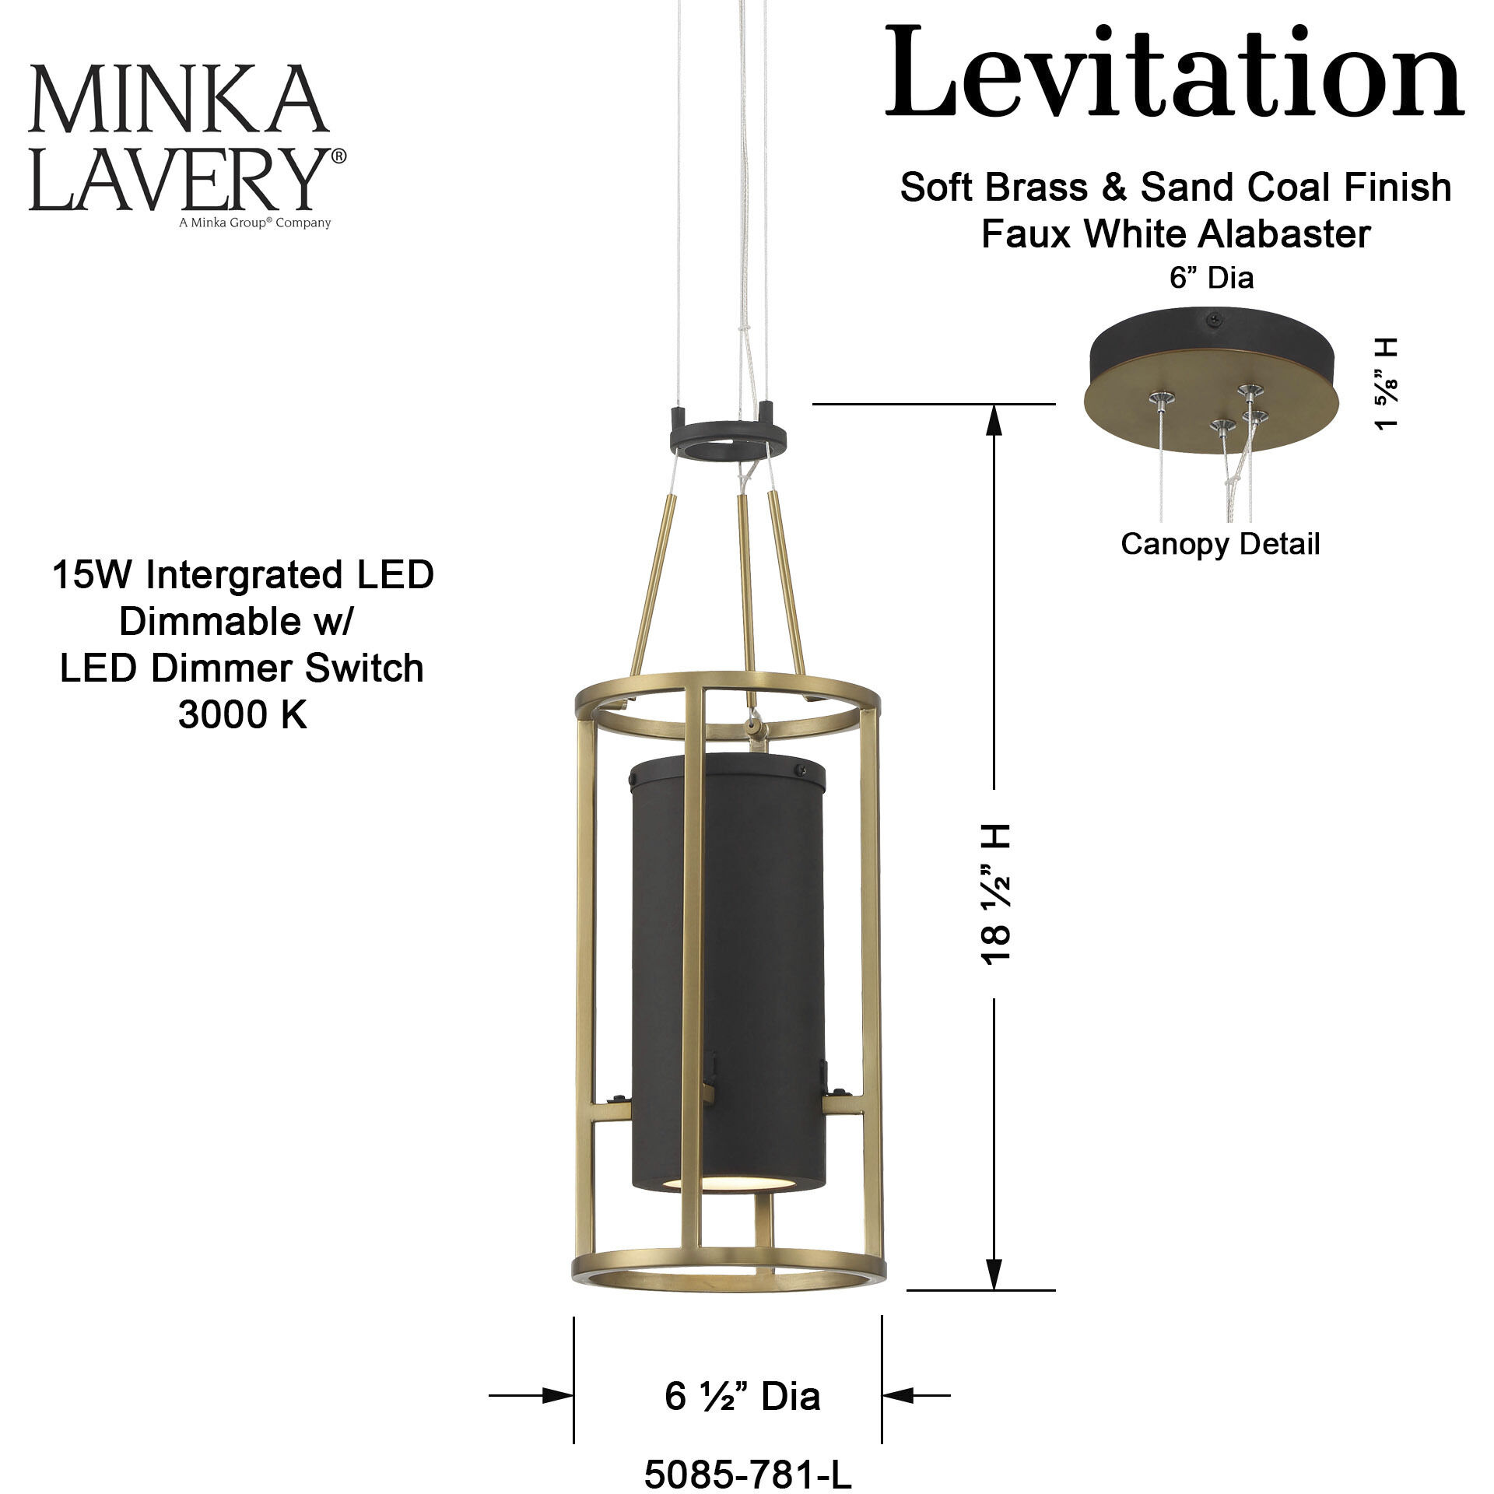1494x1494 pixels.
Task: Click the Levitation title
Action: (x=1173, y=73)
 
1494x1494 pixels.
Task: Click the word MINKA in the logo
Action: (x=177, y=100)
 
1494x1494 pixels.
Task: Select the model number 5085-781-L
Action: (x=748, y=1473)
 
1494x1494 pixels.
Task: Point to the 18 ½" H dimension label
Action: (x=995, y=894)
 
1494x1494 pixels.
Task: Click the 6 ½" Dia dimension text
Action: (x=742, y=1396)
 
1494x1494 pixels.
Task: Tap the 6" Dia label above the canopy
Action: (x=1212, y=278)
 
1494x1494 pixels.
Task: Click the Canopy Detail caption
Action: (x=1219, y=544)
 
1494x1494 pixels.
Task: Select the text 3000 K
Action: (x=243, y=714)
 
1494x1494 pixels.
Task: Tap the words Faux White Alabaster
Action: (x=1175, y=233)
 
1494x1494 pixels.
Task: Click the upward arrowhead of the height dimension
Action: (x=994, y=420)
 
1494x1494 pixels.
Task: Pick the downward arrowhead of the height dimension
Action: (x=994, y=1274)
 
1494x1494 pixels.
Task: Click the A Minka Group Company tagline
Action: (x=254, y=223)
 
